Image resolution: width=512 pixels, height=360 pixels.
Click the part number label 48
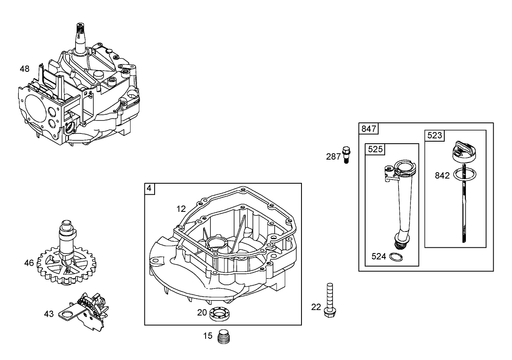[x=24, y=69]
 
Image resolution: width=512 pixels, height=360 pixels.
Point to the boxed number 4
[x=149, y=188]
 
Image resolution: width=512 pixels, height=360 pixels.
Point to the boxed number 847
[x=369, y=129]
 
